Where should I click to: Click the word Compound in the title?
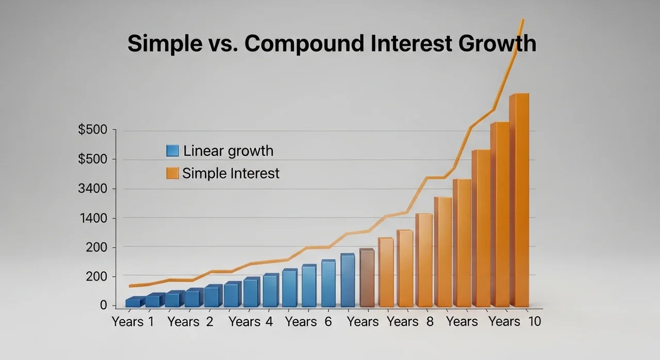304,44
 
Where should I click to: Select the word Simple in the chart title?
165,44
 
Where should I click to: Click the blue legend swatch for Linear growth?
172,151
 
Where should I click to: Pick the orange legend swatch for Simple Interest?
172,173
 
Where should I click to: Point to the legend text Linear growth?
228,151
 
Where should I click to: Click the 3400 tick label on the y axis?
92,189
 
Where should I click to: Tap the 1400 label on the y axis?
94,218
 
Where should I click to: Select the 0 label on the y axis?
104,305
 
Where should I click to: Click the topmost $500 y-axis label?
92,129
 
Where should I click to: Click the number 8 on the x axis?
430,321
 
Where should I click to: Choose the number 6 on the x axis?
328,321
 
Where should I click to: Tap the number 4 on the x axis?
269,321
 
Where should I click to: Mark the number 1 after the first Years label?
151,321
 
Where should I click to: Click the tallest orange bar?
519,200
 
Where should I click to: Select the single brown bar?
367,278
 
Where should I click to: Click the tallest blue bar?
348,280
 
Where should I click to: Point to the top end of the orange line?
523,20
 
